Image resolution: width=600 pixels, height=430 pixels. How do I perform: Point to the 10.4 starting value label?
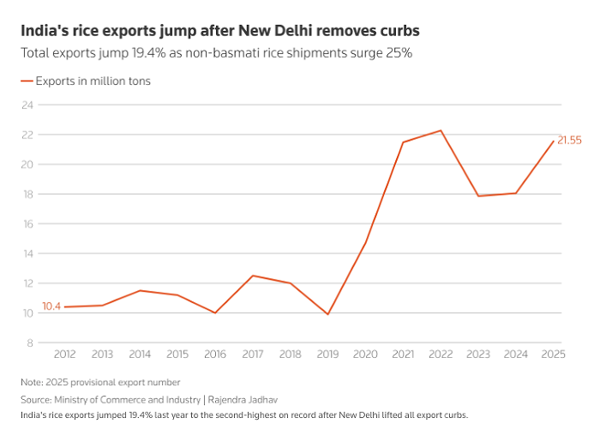[x=51, y=306]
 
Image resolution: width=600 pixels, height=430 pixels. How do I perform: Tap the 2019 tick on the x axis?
[x=327, y=354]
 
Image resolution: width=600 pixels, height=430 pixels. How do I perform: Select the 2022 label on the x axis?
[x=440, y=354]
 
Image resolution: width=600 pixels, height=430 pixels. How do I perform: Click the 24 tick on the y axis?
[x=27, y=106]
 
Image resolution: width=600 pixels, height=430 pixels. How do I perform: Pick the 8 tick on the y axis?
[x=30, y=343]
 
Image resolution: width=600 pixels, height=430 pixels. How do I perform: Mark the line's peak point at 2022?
[x=440, y=130]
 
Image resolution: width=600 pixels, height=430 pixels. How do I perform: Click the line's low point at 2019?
[x=327, y=314]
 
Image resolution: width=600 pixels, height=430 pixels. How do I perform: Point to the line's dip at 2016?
[x=214, y=313]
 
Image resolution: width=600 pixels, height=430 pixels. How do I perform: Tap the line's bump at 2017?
[x=252, y=276]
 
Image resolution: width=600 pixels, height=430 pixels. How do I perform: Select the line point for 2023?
[x=477, y=196]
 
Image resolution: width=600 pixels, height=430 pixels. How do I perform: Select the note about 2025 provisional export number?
[x=101, y=382]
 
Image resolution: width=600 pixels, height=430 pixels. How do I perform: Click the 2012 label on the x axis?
[x=64, y=354]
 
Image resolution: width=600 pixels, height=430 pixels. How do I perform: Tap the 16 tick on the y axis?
[x=27, y=224]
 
